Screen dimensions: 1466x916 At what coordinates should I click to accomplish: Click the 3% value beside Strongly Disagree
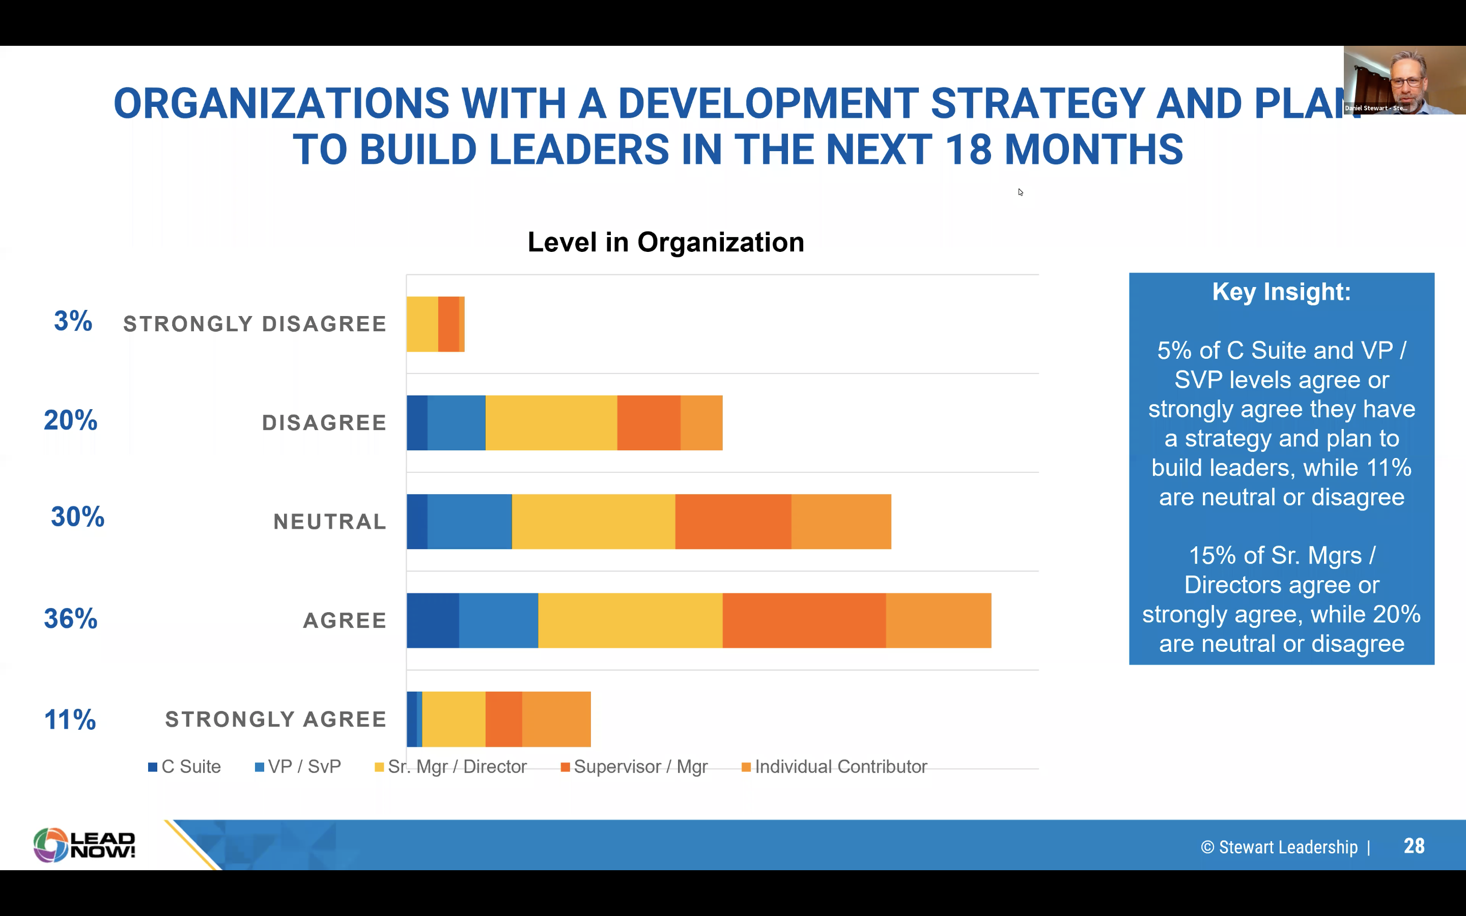[x=73, y=321]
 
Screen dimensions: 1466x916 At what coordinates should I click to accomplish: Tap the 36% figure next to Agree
[x=70, y=618]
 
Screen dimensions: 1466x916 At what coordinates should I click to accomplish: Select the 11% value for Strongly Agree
[x=70, y=720]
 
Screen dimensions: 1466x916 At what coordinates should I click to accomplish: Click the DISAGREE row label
[x=324, y=423]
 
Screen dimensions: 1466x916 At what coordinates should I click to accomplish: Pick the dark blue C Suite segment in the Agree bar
[x=433, y=620]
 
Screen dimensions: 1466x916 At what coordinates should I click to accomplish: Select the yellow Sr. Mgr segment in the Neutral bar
[x=594, y=522]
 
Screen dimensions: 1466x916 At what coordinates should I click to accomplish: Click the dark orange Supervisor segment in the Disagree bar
[x=649, y=423]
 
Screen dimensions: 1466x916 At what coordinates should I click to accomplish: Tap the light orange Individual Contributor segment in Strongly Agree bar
[x=556, y=719]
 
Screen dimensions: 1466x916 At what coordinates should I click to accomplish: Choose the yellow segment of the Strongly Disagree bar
[x=422, y=324]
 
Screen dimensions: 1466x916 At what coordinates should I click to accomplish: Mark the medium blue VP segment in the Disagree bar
[x=456, y=423]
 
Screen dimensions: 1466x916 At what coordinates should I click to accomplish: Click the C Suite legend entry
[x=184, y=767]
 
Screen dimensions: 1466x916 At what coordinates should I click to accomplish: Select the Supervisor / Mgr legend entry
[x=634, y=767]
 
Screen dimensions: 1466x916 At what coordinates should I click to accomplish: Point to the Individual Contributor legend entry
[x=834, y=767]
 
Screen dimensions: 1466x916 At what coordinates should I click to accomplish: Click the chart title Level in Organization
[x=666, y=242]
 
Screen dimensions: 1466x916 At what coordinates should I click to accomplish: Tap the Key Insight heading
[x=1281, y=292]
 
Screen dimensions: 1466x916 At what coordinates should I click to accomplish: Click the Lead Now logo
[x=84, y=845]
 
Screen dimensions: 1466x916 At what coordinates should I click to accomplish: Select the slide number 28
[x=1414, y=846]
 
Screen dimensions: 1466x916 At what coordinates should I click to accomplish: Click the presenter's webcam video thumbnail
[x=1404, y=80]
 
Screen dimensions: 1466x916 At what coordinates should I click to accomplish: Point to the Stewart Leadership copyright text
[x=1279, y=847]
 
